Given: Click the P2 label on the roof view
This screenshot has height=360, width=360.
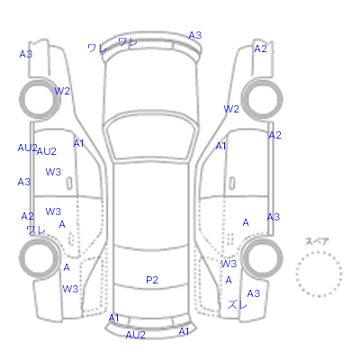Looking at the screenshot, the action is click(x=152, y=280).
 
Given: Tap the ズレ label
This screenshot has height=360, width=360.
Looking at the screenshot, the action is click(x=238, y=305).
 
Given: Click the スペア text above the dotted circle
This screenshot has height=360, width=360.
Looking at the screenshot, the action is click(x=317, y=241).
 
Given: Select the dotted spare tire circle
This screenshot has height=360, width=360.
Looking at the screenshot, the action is click(x=319, y=252).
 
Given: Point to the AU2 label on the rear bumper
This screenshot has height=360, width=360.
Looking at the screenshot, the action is click(x=135, y=335).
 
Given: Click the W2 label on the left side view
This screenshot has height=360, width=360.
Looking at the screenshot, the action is click(x=62, y=91).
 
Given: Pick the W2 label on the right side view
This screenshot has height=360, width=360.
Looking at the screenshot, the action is click(x=231, y=109).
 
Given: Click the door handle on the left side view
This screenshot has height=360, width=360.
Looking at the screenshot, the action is click(x=69, y=184).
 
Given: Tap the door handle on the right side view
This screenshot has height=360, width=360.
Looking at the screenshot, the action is click(x=232, y=184).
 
